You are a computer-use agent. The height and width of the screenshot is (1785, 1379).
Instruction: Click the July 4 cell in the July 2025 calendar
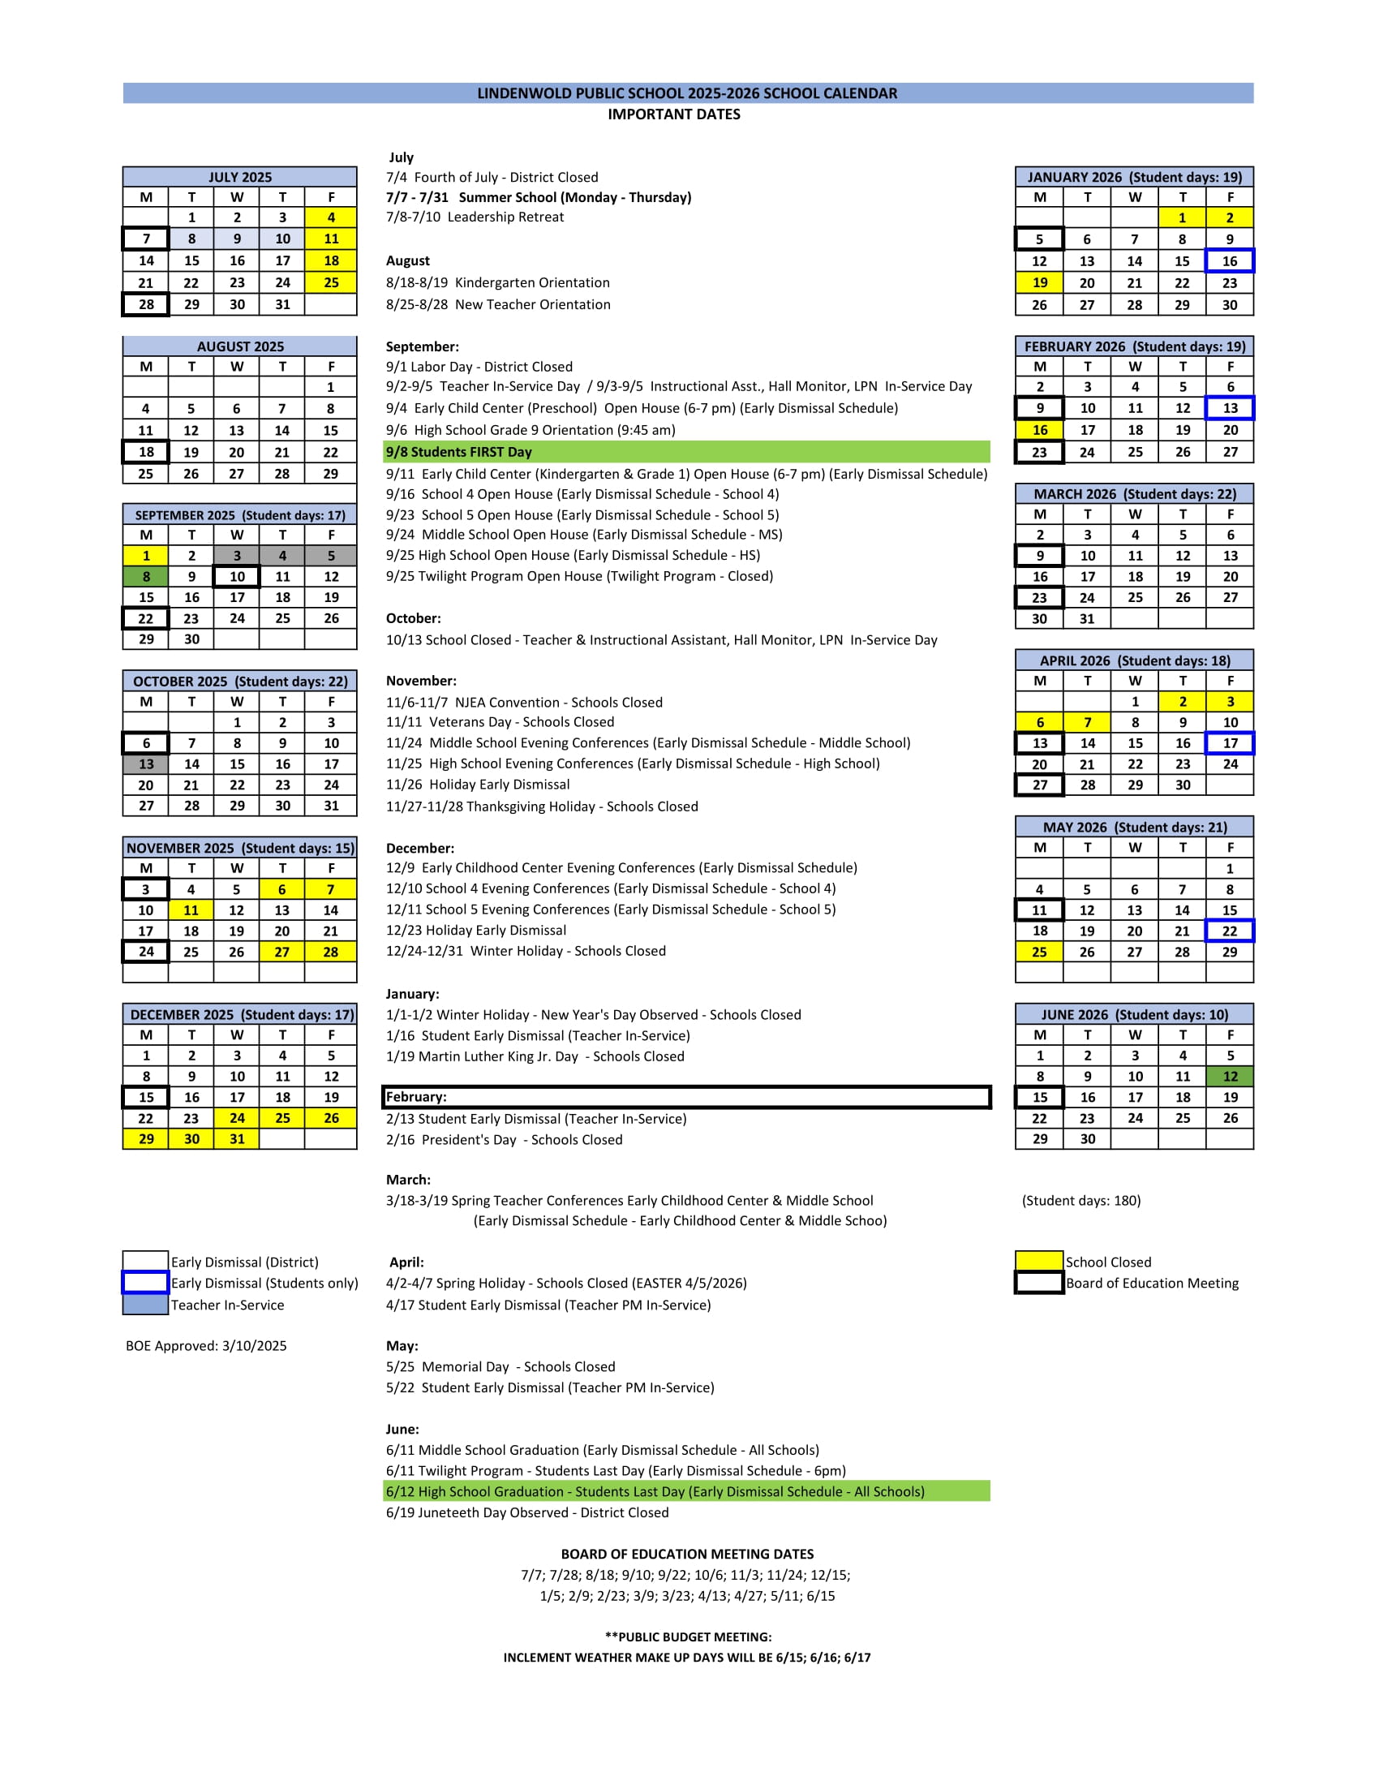coord(331,217)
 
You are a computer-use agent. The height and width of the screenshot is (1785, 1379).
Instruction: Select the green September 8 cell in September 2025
coord(146,576)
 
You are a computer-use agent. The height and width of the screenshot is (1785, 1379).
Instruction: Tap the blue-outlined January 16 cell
coord(1230,260)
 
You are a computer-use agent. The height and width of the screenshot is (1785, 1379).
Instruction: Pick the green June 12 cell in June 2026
coord(1230,1077)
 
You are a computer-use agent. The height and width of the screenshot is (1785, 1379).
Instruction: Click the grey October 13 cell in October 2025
coord(146,764)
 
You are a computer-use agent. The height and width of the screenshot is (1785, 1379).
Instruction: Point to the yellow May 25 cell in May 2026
coord(1039,952)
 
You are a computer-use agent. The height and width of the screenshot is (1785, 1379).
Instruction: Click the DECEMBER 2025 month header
coord(240,1014)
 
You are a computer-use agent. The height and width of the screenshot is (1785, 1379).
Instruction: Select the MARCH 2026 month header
coord(1134,493)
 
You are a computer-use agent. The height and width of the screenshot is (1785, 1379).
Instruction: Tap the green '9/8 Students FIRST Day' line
coord(686,452)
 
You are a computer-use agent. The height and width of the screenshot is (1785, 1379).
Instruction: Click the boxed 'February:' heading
coord(686,1097)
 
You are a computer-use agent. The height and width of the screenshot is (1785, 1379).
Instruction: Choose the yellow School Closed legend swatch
coord(1039,1261)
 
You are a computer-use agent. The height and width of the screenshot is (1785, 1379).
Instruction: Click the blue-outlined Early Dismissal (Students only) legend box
coord(145,1282)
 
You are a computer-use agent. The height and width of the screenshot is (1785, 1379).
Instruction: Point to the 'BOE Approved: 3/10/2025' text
coord(207,1346)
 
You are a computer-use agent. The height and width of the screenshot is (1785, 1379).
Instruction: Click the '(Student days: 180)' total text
coord(1080,1200)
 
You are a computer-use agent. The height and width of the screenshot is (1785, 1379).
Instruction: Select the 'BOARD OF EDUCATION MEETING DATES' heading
coord(687,1554)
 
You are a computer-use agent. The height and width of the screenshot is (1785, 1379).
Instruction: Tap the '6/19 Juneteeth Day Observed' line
coord(527,1512)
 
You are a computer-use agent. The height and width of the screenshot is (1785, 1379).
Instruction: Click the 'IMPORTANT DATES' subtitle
coord(674,114)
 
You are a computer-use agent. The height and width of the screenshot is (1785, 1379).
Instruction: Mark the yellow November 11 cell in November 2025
coord(191,910)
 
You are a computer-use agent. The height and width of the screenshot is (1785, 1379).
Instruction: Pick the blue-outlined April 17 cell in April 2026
coord(1230,743)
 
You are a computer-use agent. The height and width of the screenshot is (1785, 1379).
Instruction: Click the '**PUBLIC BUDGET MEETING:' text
coord(688,1637)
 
